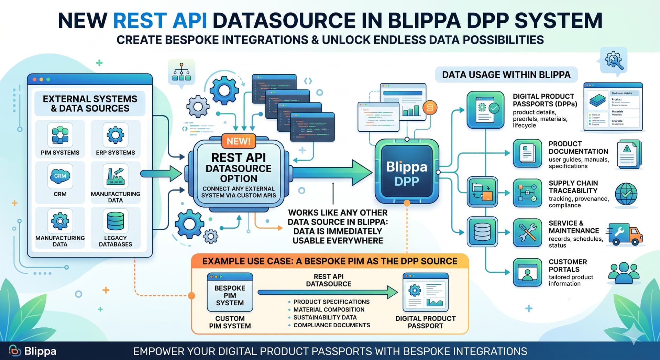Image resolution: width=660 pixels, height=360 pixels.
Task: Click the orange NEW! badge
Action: point(239,141)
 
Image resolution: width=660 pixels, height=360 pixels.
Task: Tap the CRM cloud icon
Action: point(60,176)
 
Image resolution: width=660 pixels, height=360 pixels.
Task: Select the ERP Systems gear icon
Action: point(115,135)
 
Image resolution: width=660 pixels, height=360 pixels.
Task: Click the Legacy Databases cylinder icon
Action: point(115,221)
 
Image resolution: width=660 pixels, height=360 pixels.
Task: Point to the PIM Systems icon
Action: point(60,135)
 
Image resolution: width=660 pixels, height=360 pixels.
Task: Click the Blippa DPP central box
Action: point(407,171)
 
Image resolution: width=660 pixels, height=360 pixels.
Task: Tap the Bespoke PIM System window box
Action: point(230,292)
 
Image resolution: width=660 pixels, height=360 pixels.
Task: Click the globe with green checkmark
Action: point(626,194)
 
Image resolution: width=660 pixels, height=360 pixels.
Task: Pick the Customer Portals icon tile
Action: point(527,272)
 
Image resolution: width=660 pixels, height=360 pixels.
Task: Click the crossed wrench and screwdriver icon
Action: point(527,233)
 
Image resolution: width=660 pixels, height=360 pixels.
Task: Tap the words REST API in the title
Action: point(160,21)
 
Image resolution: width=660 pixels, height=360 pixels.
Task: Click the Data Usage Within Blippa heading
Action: point(506,75)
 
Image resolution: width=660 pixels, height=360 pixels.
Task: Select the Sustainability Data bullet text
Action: point(325,317)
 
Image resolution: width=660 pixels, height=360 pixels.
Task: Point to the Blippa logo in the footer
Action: point(33,351)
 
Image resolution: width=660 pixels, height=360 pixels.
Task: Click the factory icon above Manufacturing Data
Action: point(115,176)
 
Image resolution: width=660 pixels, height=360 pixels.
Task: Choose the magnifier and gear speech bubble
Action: point(614,61)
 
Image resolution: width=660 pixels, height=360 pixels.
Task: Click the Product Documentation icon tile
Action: point(527,153)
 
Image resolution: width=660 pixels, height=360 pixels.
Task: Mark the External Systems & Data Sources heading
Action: point(90,103)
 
